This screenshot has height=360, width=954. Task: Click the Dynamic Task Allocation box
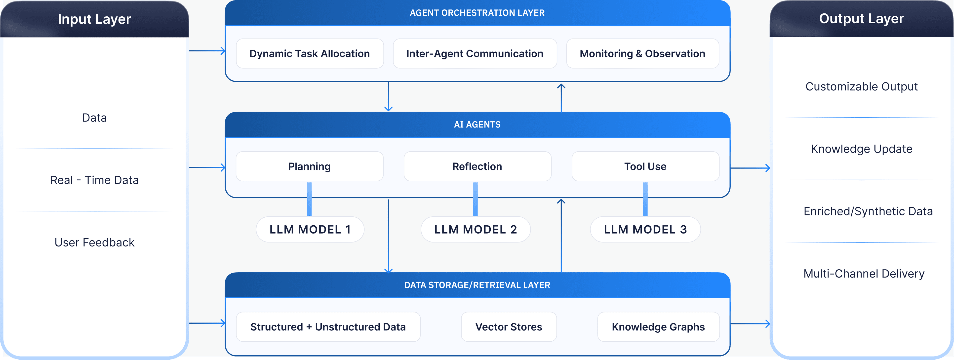[310, 54]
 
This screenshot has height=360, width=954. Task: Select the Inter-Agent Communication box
[475, 54]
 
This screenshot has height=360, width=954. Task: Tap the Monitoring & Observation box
[642, 54]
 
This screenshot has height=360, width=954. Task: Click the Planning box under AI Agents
[310, 166]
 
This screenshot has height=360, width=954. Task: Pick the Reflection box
[477, 166]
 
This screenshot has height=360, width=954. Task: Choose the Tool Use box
[645, 166]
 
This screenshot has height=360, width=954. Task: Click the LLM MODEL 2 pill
[476, 230]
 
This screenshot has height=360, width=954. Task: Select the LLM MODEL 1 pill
[310, 230]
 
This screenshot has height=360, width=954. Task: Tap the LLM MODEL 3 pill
[645, 230]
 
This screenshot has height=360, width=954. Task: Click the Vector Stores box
[509, 327]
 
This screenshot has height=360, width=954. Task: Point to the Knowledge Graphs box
[658, 327]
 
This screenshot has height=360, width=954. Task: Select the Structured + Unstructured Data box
[328, 327]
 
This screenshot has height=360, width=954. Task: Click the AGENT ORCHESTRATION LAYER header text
[477, 13]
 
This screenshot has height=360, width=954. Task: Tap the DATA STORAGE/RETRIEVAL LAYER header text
[477, 285]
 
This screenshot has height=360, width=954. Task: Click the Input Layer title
[94, 19]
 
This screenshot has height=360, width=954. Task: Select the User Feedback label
[94, 242]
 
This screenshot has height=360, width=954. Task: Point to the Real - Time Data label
[94, 180]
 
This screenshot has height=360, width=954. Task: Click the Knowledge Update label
[861, 149]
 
